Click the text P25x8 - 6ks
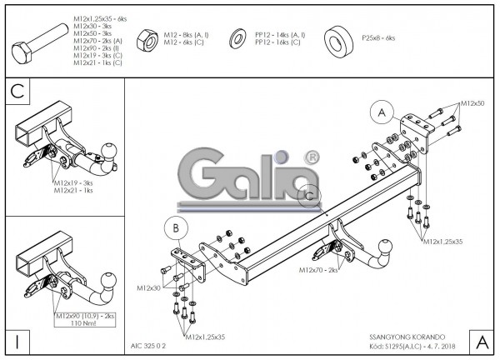pyautogui.click(x=379, y=38)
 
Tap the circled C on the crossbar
pyautogui.click(x=310, y=194)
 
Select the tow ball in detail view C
pyautogui.click(x=107, y=148)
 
